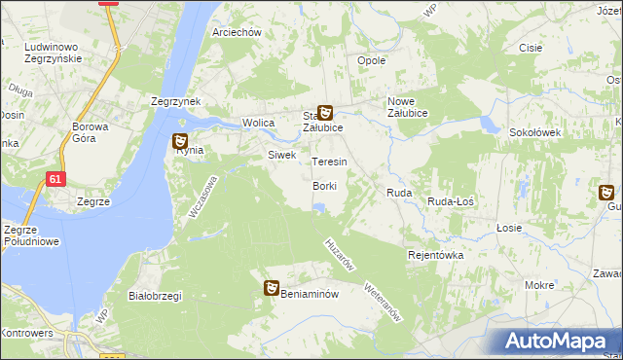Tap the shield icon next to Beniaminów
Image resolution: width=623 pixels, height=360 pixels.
tap(273, 288)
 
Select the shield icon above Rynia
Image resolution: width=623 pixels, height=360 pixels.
tap(180, 141)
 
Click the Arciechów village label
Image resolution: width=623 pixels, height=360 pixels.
tap(238, 32)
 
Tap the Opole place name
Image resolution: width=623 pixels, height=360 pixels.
tap(372, 60)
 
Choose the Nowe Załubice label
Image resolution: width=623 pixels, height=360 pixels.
tap(415, 108)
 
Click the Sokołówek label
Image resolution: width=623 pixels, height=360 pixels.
tap(531, 132)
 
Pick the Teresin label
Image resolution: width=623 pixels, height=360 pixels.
tap(329, 162)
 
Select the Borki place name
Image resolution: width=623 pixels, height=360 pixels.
tap(324, 186)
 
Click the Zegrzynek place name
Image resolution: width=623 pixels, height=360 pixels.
tap(175, 100)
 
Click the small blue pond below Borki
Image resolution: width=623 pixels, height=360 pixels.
tap(319, 205)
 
